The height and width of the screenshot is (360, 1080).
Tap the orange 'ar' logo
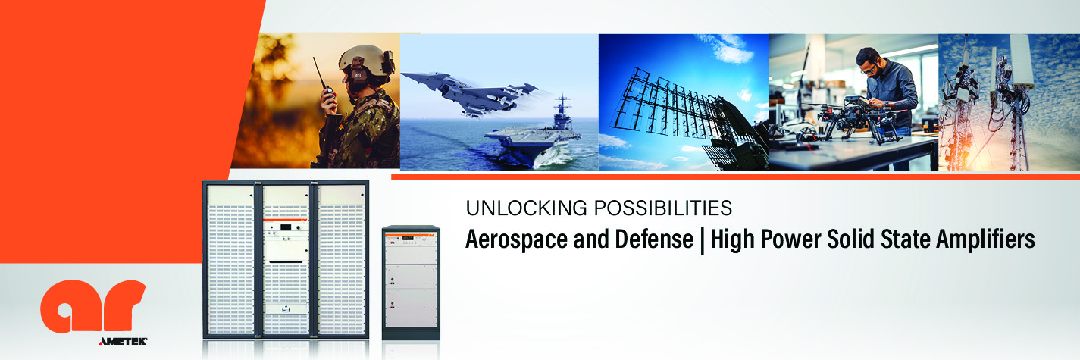(x=93, y=306)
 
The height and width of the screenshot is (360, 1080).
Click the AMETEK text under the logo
(x=123, y=341)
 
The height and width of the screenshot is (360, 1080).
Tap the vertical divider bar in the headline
(x=702, y=239)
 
